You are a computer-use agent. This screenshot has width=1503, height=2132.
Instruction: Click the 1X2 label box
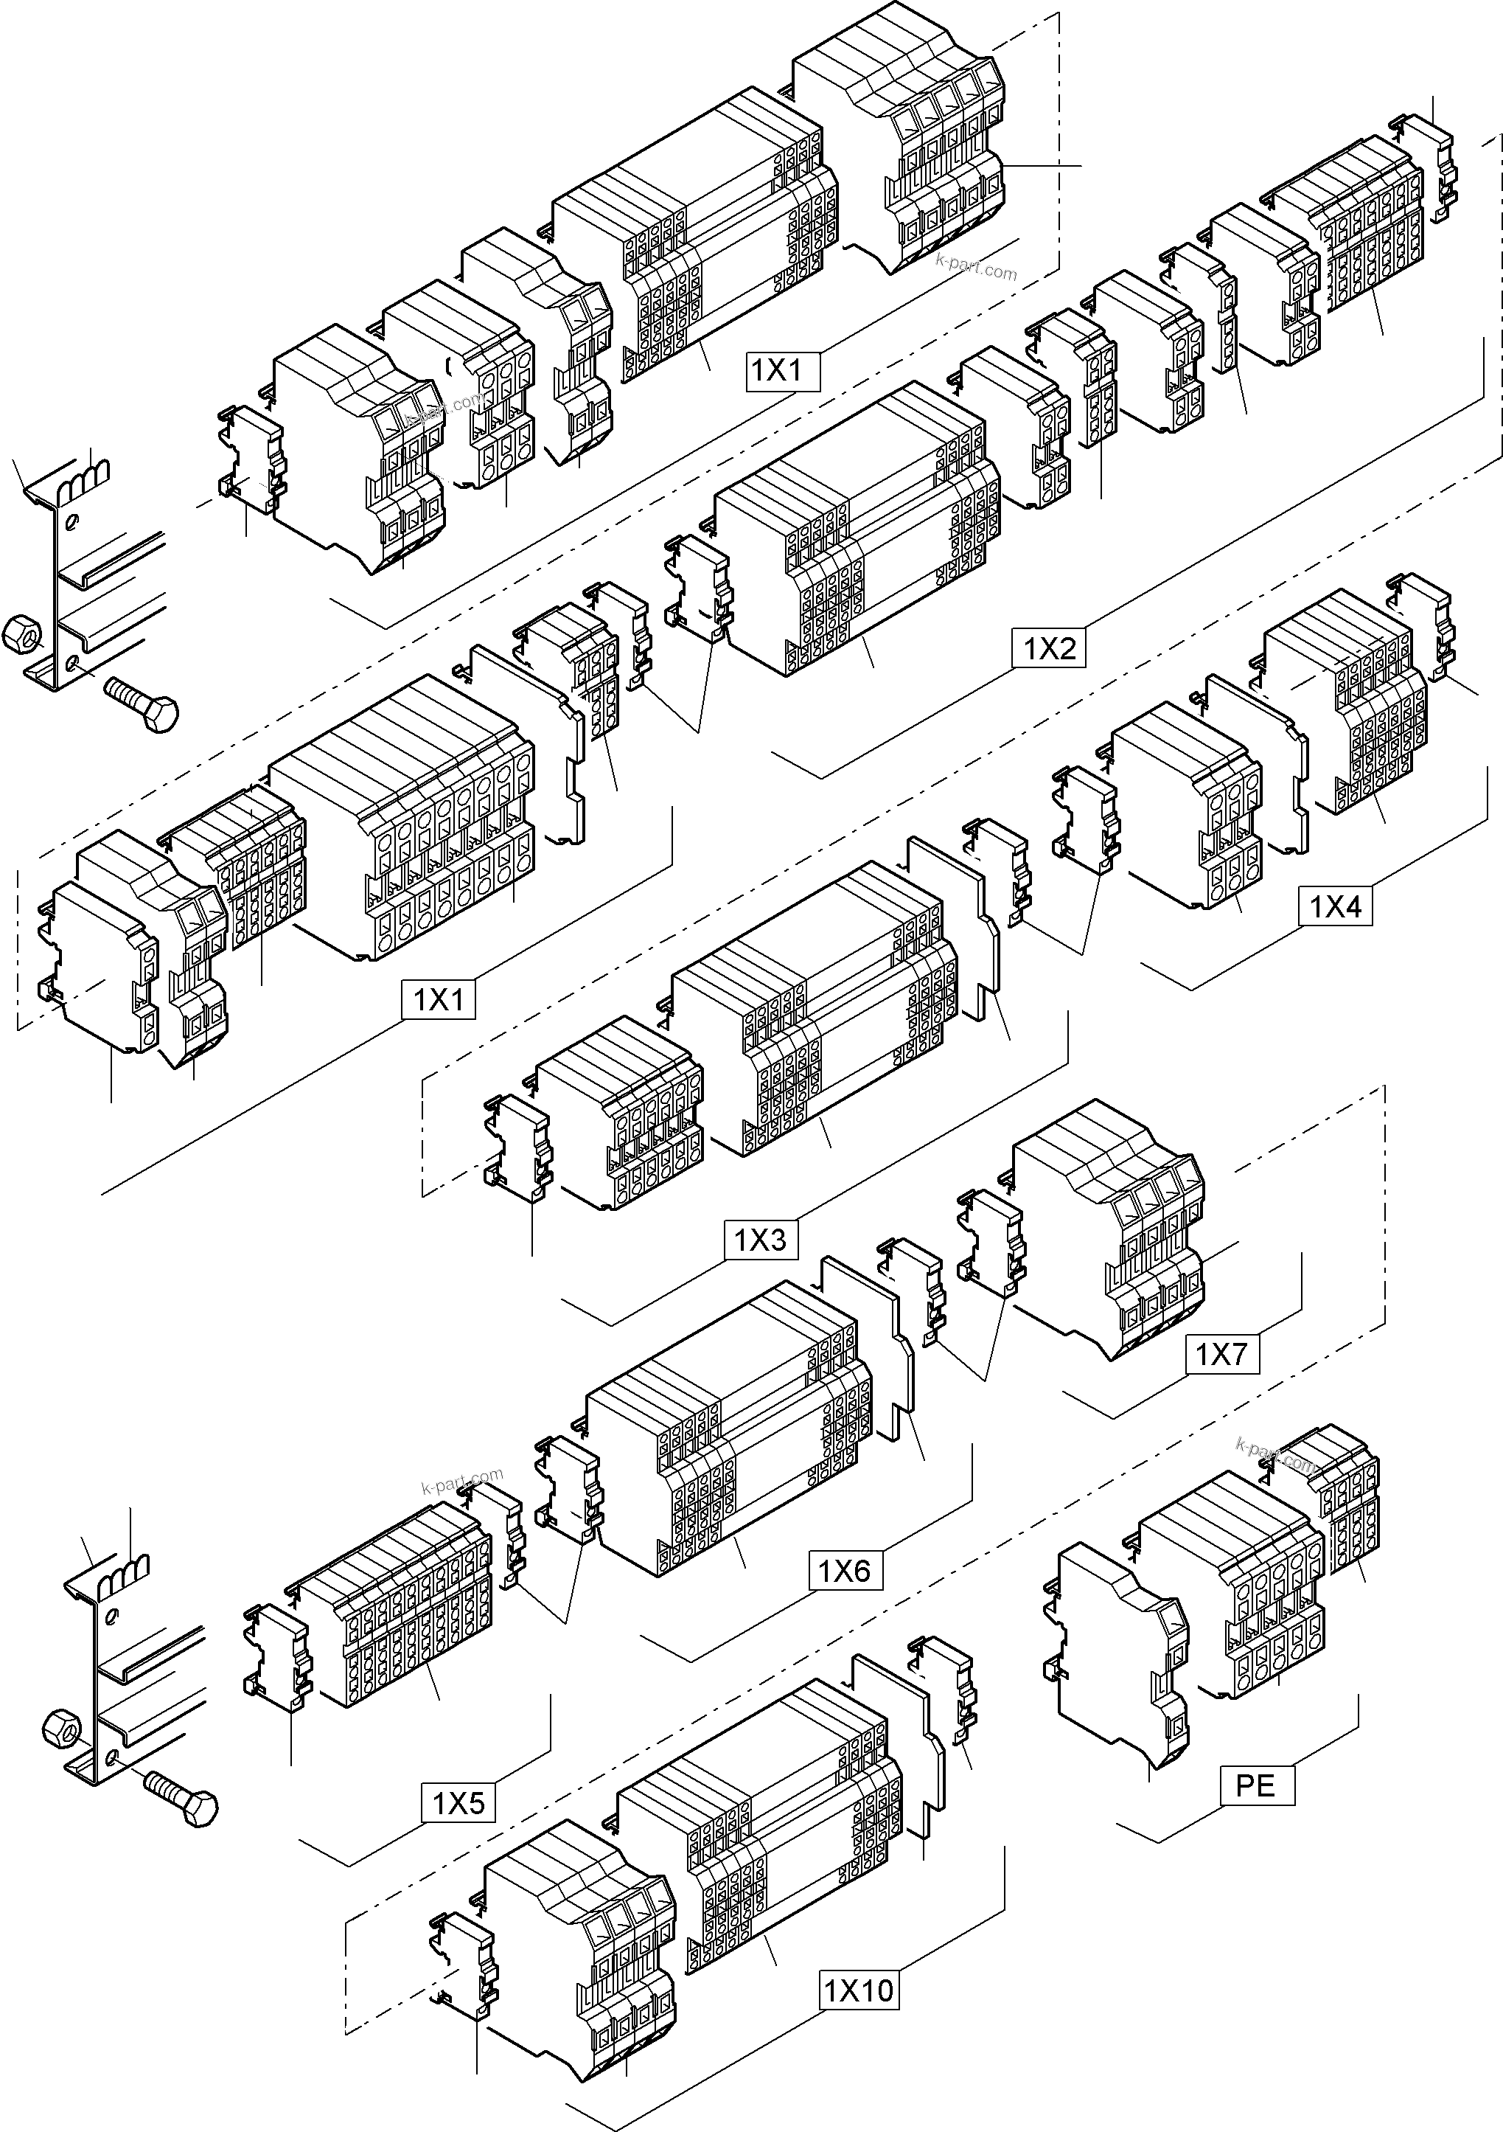point(1049,647)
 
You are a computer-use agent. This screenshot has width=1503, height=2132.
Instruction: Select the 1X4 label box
point(1335,906)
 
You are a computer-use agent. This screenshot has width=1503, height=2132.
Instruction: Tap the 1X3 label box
point(760,1240)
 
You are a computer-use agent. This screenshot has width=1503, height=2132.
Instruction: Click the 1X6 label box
point(845,1571)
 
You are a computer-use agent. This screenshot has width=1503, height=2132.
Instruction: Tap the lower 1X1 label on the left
point(438,1000)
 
